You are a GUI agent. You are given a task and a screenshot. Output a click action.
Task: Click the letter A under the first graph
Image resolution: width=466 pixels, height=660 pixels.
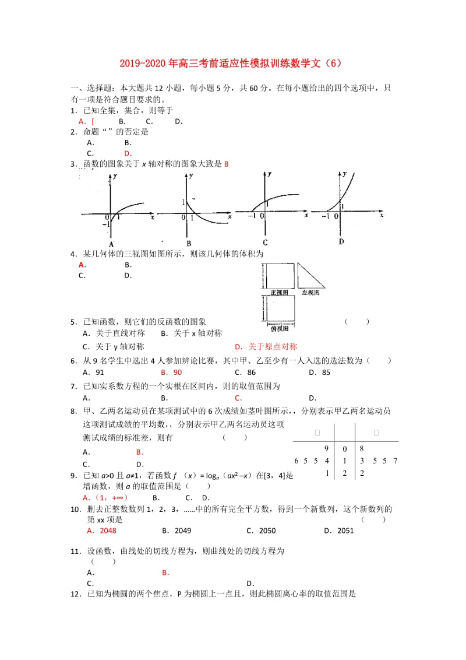pos(111,244)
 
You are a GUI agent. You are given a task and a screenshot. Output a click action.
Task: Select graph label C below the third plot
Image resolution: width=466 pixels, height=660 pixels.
pos(265,243)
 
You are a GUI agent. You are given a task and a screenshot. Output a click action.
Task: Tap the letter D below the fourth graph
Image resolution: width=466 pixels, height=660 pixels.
pos(341,241)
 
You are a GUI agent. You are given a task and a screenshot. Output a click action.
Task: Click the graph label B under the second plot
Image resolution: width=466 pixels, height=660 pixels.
pos(188,243)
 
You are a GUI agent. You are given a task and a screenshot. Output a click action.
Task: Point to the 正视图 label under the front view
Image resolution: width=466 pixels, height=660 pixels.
pos(280,293)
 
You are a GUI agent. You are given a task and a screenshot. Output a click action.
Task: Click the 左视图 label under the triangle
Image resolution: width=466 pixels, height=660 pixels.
pos(310,293)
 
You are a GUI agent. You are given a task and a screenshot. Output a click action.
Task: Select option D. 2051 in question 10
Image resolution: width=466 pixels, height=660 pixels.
pos(338,531)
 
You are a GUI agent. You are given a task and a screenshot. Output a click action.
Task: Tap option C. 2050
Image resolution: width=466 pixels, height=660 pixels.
pos(260,531)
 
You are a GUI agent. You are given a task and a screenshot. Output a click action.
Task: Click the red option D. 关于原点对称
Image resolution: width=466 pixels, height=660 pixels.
pos(266,346)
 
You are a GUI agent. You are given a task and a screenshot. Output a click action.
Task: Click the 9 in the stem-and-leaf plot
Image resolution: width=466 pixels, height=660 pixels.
pos(327,448)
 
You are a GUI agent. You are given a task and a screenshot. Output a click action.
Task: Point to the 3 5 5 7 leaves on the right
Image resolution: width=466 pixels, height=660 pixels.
pos(379,461)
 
